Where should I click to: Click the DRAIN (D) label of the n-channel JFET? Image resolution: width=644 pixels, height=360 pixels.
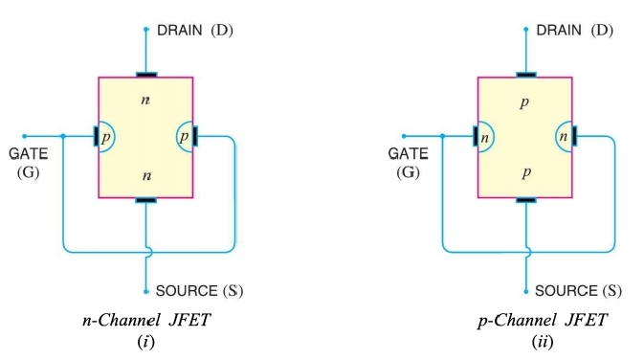[194, 31]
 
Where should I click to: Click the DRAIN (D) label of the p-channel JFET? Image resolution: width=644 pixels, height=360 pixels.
[573, 31]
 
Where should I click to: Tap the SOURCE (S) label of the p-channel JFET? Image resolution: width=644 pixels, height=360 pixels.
[578, 290]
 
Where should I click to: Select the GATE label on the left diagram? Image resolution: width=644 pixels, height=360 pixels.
[28, 154]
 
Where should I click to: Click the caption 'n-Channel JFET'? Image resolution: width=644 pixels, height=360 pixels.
[146, 320]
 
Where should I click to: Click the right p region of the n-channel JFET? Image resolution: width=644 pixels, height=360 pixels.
[184, 137]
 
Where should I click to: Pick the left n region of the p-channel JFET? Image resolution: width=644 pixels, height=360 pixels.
[485, 137]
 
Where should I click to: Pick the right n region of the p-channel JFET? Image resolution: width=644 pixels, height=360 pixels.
[564, 137]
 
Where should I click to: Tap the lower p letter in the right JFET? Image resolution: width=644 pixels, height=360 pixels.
[524, 173]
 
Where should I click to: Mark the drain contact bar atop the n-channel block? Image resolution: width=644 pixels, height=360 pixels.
[145, 75]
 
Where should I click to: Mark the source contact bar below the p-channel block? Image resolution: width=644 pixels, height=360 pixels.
[524, 200]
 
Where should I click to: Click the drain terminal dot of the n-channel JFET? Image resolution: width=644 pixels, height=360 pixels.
[145, 30]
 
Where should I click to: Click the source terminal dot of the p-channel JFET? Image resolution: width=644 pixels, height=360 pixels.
[524, 291]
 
